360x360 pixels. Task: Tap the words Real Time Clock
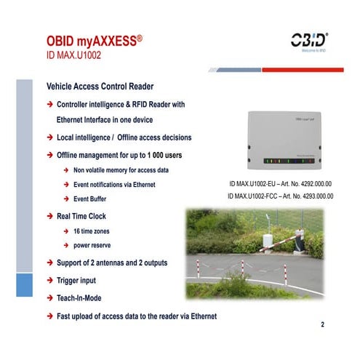(81, 216)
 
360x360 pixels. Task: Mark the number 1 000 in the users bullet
(156, 154)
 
